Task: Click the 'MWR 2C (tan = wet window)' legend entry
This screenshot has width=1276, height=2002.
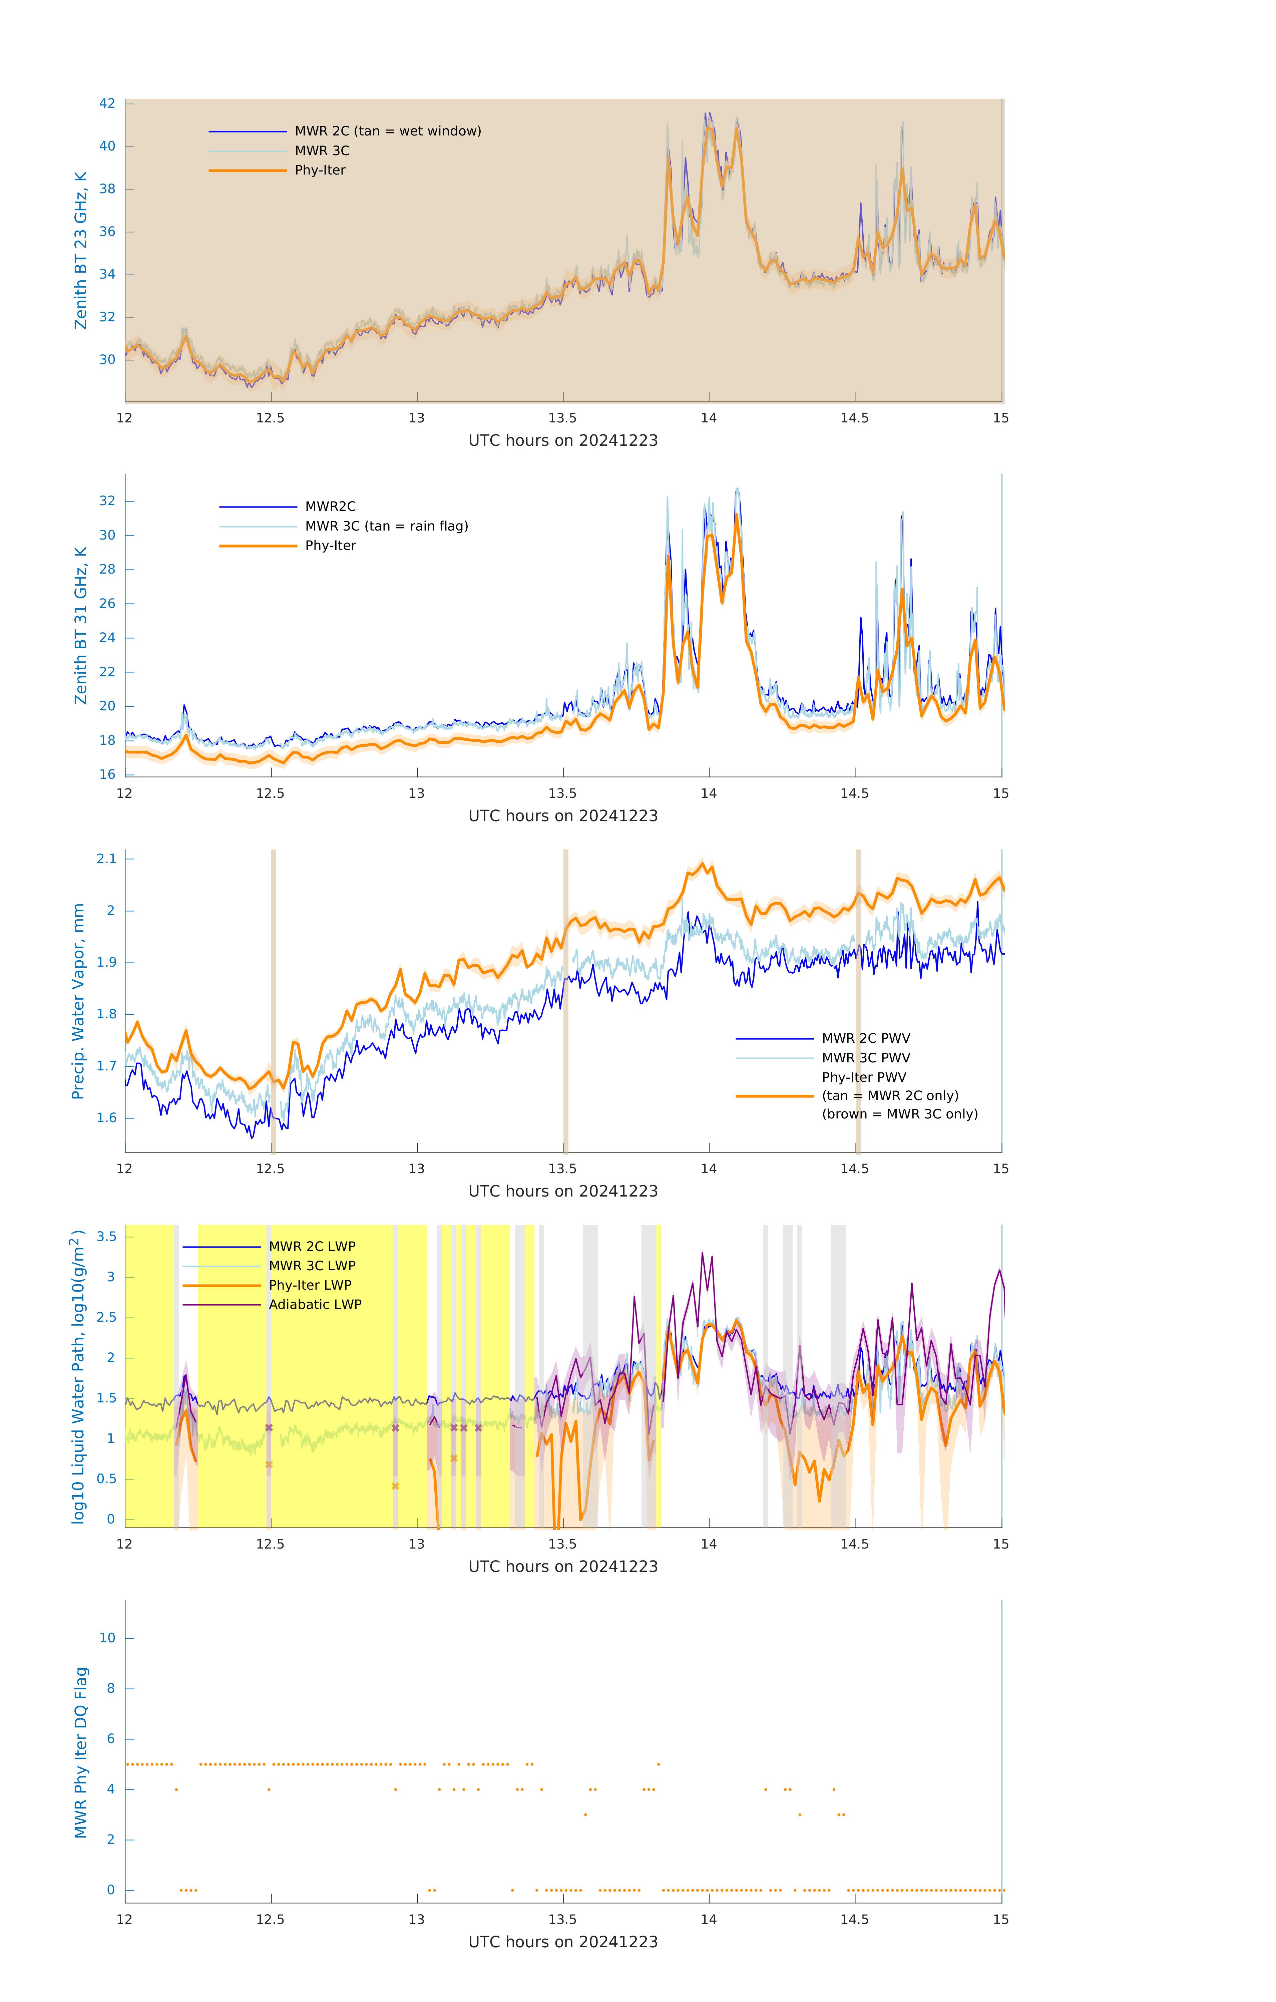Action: pyautogui.click(x=387, y=131)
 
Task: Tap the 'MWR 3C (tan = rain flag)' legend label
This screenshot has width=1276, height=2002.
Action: pyautogui.click(x=387, y=526)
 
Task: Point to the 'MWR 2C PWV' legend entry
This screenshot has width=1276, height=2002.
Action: pyautogui.click(x=865, y=1038)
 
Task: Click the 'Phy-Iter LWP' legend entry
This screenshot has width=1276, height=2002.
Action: pyautogui.click(x=310, y=1285)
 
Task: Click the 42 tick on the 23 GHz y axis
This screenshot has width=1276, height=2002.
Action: pyautogui.click(x=107, y=104)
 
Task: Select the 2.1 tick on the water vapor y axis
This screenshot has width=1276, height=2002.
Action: pyautogui.click(x=106, y=859)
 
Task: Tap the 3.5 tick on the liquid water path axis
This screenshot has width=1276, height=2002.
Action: pyautogui.click(x=106, y=1237)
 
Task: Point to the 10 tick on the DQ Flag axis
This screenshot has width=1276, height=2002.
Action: pyautogui.click(x=107, y=1638)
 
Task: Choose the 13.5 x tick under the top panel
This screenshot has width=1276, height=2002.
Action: pyautogui.click(x=563, y=418)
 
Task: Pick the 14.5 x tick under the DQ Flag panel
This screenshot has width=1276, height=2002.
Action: pyautogui.click(x=855, y=1920)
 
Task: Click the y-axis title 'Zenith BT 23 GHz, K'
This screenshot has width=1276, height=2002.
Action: pyautogui.click(x=81, y=250)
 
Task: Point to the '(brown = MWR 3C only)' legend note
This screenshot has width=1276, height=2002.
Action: pyautogui.click(x=899, y=1114)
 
